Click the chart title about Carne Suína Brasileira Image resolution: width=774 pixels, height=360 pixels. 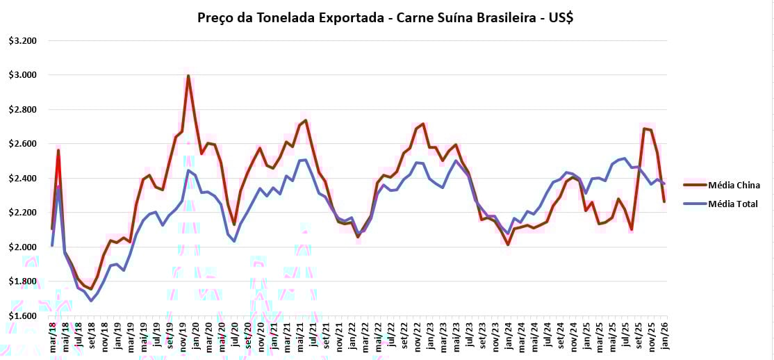[386, 18]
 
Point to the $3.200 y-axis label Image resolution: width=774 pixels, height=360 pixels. [23, 41]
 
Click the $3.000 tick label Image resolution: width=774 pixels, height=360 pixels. [23, 75]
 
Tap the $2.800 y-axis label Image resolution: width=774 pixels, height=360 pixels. [23, 110]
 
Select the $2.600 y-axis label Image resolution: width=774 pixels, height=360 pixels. [23, 144]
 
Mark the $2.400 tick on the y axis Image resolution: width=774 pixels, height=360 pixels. [23, 179]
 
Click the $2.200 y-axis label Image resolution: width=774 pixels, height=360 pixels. [23, 213]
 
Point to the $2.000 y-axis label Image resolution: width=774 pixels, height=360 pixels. [23, 247]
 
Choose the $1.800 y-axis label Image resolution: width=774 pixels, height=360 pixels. [23, 281]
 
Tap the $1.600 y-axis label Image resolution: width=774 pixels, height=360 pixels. [23, 316]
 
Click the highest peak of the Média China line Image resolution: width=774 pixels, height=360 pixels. [188, 76]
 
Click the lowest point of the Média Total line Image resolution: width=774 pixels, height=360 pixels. [90, 301]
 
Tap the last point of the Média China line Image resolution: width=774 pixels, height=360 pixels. [664, 202]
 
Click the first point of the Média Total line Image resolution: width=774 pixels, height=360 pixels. [52, 245]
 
